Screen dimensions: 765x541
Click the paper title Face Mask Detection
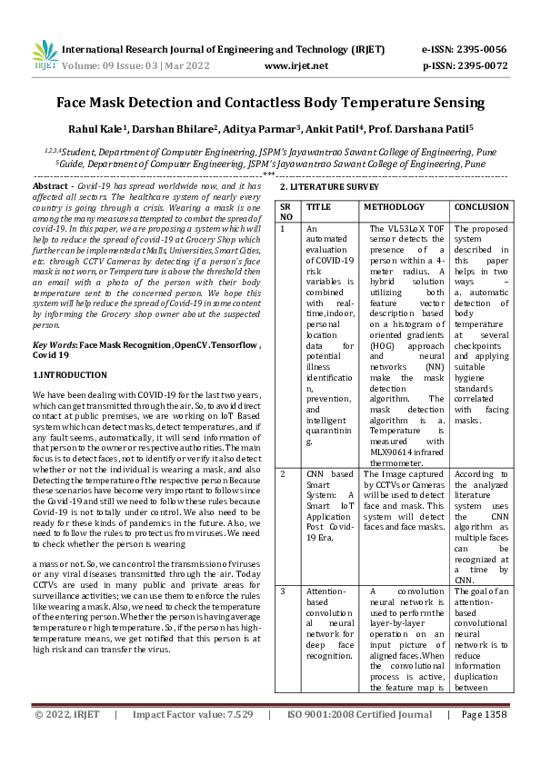coord(270,104)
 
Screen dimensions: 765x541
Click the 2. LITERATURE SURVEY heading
coord(328,186)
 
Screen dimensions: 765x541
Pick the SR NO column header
coord(286,212)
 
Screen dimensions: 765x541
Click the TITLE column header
coord(318,207)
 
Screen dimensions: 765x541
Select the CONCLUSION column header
coord(481,207)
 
